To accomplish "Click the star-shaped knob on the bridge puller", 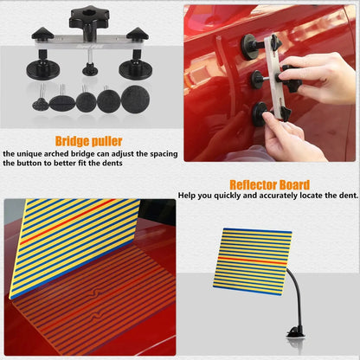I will (87, 15).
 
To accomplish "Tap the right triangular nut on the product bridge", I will (137, 34).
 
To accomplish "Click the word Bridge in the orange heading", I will (71, 140).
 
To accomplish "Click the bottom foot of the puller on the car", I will (259, 111).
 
